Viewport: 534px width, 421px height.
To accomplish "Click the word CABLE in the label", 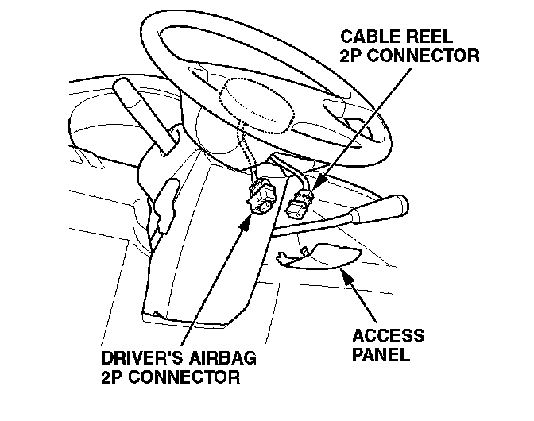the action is (x=364, y=37).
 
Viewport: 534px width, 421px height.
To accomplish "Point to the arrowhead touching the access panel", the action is (x=343, y=273).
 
